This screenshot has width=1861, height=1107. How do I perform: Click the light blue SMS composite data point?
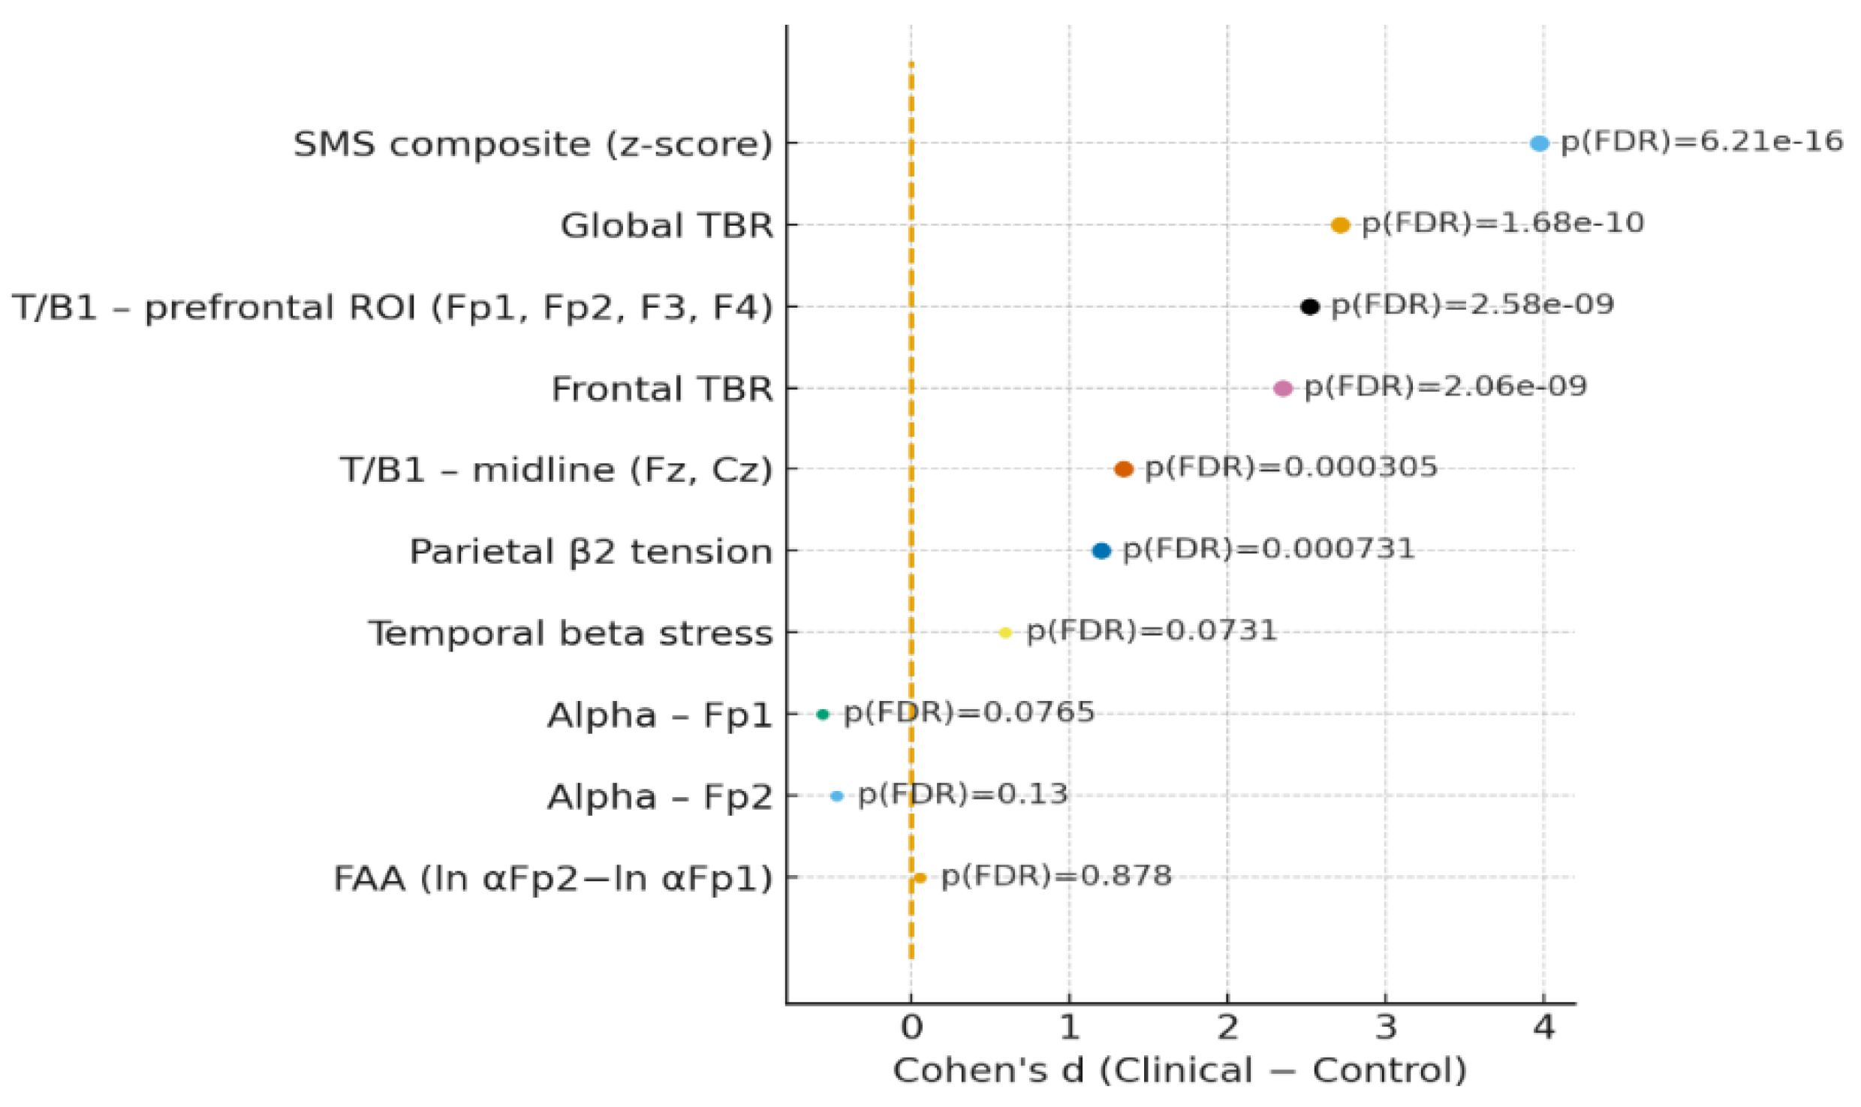click(1539, 143)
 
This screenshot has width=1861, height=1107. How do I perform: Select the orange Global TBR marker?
click(1340, 224)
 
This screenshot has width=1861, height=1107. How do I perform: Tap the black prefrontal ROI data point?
click(1309, 306)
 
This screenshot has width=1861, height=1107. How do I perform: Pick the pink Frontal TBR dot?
click(1283, 388)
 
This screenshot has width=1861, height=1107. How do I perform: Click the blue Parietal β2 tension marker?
click(1101, 551)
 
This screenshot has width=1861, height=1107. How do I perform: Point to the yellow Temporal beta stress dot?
click(1005, 633)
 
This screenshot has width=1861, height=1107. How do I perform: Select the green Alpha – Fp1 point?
click(823, 714)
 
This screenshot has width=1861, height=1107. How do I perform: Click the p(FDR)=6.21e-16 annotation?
click(1701, 141)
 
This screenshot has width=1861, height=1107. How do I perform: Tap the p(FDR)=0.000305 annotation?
click(1290, 467)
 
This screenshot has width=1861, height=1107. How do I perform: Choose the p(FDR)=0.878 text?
click(1055, 875)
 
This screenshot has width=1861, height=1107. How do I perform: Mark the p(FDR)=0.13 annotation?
click(962, 793)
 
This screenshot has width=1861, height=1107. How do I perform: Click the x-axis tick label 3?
click(1386, 1027)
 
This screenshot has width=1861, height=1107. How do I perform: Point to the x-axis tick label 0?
click(911, 1027)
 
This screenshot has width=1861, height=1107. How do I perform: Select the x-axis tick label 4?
click(1543, 1027)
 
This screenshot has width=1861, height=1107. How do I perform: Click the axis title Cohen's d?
click(1179, 1070)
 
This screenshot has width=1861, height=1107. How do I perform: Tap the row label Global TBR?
click(667, 225)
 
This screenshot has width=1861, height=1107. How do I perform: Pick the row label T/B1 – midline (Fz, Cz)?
click(556, 470)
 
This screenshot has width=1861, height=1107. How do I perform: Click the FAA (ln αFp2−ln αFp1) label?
click(553, 878)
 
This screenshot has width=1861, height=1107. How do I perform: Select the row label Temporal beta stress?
click(570, 633)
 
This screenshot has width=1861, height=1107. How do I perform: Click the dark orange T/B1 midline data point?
click(1123, 469)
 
